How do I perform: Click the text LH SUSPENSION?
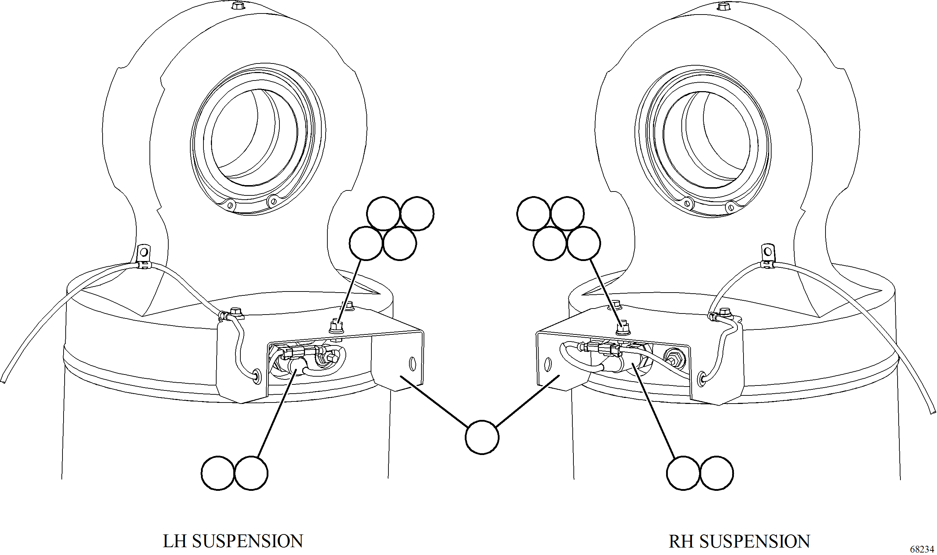pos(233,541)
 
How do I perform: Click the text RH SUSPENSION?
pos(739,541)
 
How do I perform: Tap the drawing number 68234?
pos(922,549)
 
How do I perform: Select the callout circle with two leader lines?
pos(482,437)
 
